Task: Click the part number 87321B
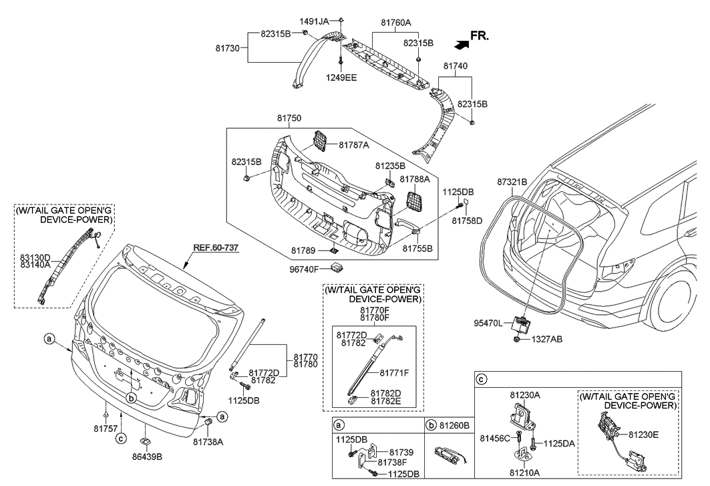(512, 182)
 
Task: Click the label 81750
(289, 118)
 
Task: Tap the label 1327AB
(546, 340)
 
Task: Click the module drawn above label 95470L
(520, 324)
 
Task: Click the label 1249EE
(341, 78)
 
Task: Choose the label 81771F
(394, 372)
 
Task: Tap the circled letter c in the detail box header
(482, 380)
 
